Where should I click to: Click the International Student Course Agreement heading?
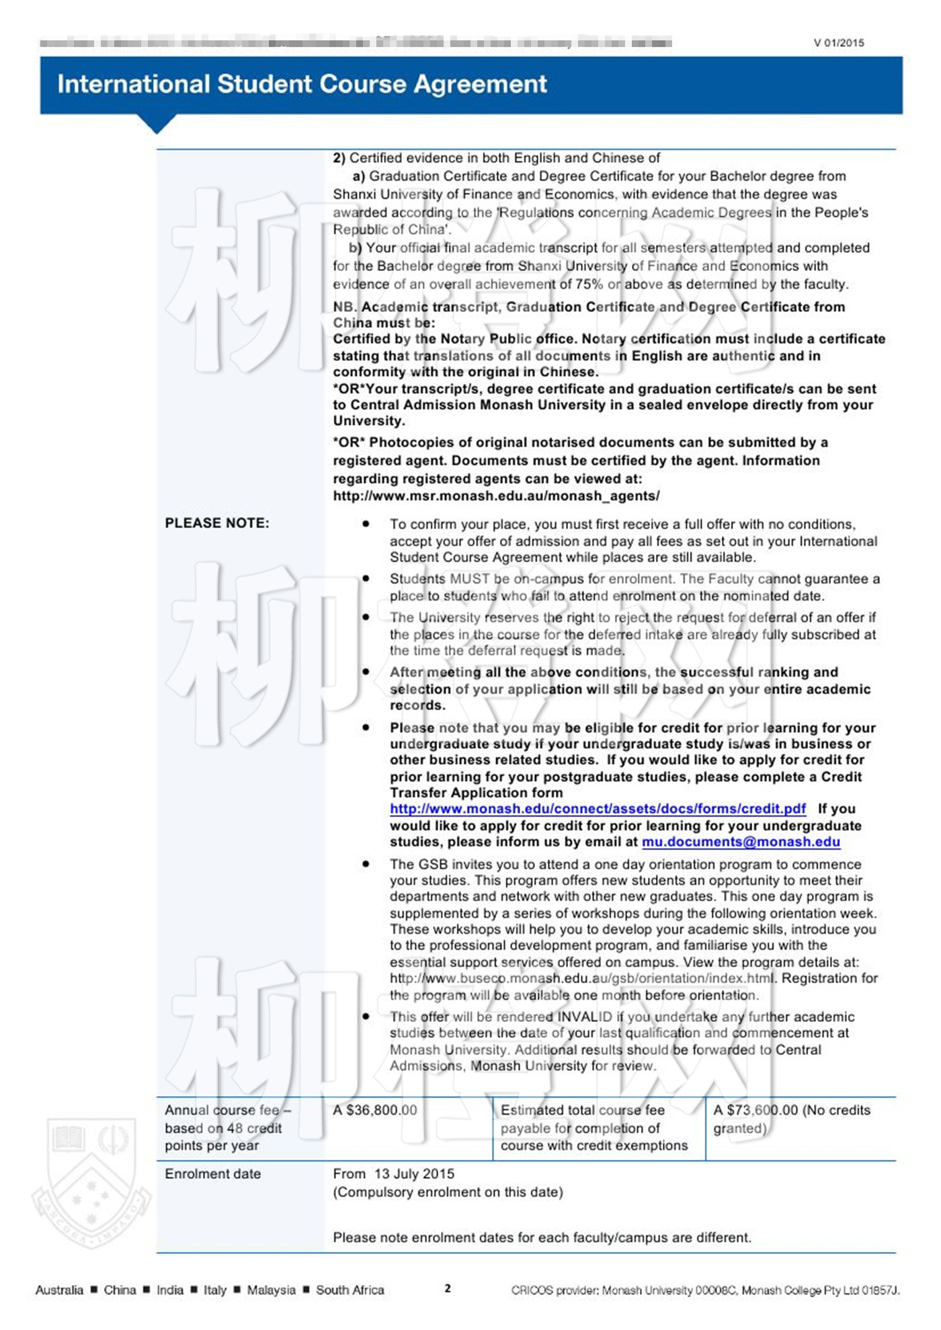point(302,84)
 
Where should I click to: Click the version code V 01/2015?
point(838,43)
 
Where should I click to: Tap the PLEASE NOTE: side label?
point(217,523)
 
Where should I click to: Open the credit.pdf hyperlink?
point(598,809)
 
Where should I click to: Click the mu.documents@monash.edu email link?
point(741,842)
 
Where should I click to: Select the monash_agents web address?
point(496,496)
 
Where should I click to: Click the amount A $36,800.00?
point(374,1110)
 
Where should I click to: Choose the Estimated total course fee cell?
point(594,1128)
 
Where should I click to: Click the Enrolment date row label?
point(212,1173)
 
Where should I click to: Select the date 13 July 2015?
point(414,1173)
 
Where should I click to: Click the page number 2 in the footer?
point(448,1288)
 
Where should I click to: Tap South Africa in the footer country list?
point(350,1290)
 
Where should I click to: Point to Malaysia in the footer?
point(271,1290)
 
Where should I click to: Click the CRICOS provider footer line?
point(704,1290)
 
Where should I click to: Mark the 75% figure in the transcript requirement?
point(589,284)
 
